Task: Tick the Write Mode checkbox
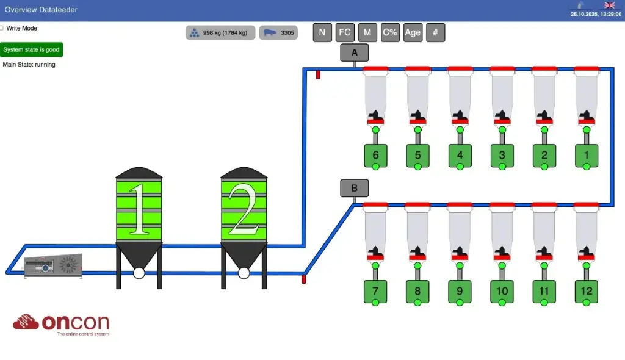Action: tap(2, 28)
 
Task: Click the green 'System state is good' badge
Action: tap(31, 49)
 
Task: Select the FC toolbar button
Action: tap(345, 32)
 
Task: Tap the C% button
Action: tap(390, 32)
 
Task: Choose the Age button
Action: tap(413, 32)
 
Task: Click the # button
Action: tap(435, 32)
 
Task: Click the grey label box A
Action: tap(355, 53)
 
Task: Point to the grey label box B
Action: tap(355, 188)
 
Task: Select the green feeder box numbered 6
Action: tap(375, 155)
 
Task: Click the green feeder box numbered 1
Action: tap(587, 155)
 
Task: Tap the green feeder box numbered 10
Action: tap(502, 291)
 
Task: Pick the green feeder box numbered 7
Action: tap(375, 291)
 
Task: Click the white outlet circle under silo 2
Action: tap(244, 273)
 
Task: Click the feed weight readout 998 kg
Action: tap(220, 33)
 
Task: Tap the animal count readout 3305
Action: tap(278, 33)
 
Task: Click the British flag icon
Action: tap(609, 5)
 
